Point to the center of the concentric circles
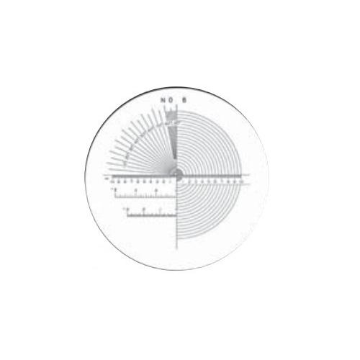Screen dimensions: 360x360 pyautogui.click(x=178, y=174)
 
